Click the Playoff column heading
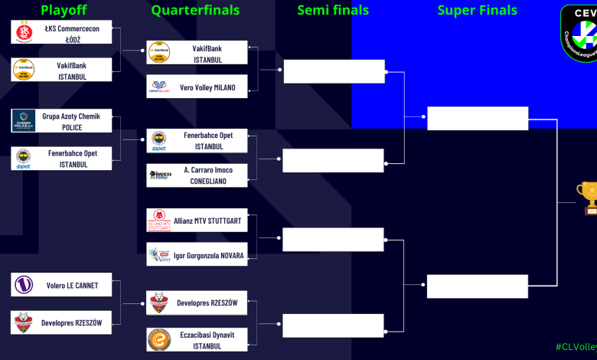[64, 11]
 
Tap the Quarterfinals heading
[195, 11]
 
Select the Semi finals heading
[333, 11]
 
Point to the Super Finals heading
[477, 11]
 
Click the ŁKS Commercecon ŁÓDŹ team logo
[24, 32]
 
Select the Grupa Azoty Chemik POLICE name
[72, 122]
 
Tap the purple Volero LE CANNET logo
[24, 285]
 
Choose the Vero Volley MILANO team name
[207, 87]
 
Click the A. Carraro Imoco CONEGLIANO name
[208, 175]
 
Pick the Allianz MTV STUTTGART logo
[159, 221]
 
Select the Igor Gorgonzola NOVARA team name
[208, 255]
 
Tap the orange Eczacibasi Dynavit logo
[159, 340]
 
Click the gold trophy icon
[589, 196]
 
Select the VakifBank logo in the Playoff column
[24, 70]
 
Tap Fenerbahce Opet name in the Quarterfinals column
[209, 141]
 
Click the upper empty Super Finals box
[478, 119]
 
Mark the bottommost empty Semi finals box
[333, 326]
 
